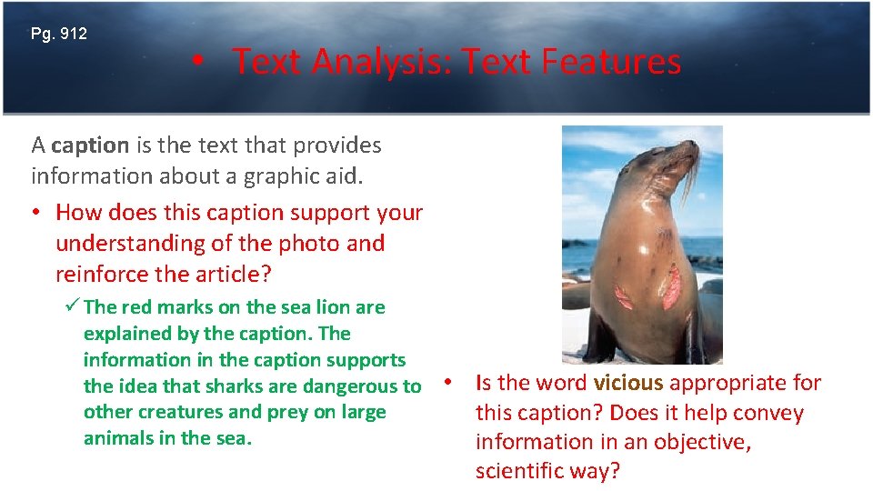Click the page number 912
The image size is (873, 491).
pyautogui.click(x=72, y=35)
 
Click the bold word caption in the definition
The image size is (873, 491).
pyautogui.click(x=90, y=145)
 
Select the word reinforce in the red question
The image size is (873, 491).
pyautogui.click(x=104, y=275)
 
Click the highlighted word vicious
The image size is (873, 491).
pyautogui.click(x=627, y=383)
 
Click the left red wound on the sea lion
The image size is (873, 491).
pyautogui.click(x=626, y=296)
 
